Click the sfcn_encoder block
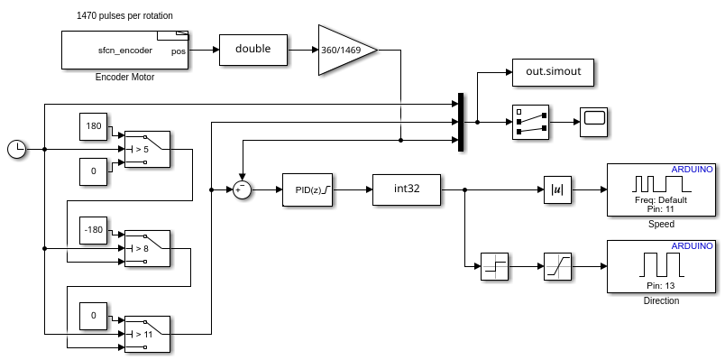tap(125, 50)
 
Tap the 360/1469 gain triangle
tap(343, 50)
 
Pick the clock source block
tap(16, 149)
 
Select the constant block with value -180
tap(93, 229)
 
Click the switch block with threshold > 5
tap(147, 149)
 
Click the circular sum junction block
tap(241, 189)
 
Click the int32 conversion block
tap(407, 189)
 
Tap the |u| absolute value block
tap(556, 190)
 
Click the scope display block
tap(593, 121)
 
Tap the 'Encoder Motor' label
tap(124, 78)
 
